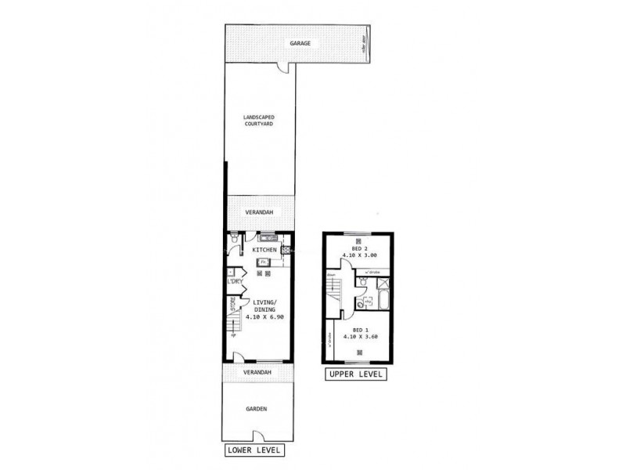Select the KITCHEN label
(x=263, y=250)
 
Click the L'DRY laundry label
(x=234, y=280)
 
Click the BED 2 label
(x=358, y=248)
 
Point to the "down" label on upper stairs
(x=332, y=276)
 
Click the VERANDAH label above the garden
(x=257, y=372)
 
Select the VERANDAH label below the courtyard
(x=257, y=211)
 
